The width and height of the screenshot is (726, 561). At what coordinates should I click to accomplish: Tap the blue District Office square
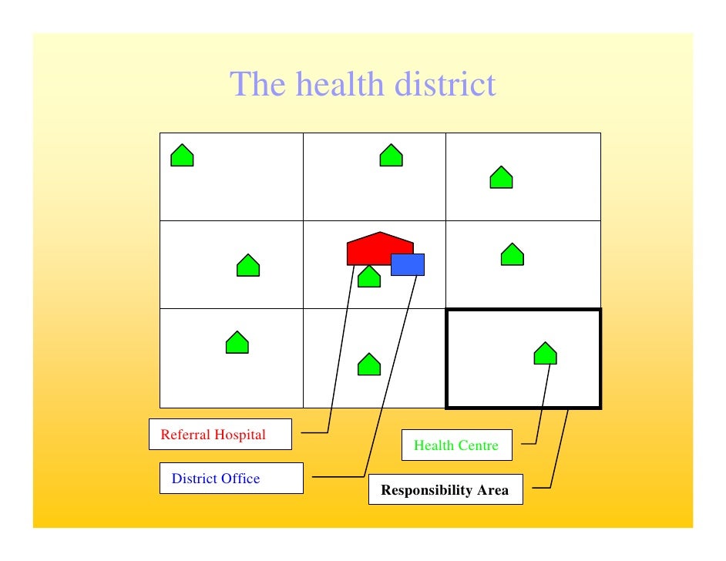click(x=408, y=264)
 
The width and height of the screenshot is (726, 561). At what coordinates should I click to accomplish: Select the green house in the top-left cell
click(x=182, y=156)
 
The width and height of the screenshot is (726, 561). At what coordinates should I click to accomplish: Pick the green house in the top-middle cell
click(x=391, y=156)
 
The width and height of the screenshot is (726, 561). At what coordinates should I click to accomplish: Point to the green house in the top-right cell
click(x=501, y=178)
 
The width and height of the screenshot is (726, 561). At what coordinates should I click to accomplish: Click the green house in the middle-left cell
click(x=247, y=266)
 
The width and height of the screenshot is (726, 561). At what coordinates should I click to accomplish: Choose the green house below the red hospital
click(x=369, y=277)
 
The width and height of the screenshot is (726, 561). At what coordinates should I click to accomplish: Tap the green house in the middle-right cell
click(x=512, y=255)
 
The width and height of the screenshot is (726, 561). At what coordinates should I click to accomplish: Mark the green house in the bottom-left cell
click(x=237, y=343)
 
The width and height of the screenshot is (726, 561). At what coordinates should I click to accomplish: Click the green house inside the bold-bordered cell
click(x=545, y=354)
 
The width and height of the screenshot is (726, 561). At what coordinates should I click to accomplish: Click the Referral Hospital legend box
click(x=220, y=435)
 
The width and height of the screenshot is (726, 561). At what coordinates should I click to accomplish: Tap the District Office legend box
click(x=231, y=479)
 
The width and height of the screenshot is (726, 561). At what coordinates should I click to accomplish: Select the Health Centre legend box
click(x=456, y=445)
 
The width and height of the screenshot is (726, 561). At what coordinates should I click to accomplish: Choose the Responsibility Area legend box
click(x=445, y=490)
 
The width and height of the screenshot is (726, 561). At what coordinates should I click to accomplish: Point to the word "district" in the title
click(x=445, y=85)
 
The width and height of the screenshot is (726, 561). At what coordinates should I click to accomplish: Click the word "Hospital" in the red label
click(x=240, y=435)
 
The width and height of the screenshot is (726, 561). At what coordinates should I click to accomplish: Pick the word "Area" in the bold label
click(x=493, y=490)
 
